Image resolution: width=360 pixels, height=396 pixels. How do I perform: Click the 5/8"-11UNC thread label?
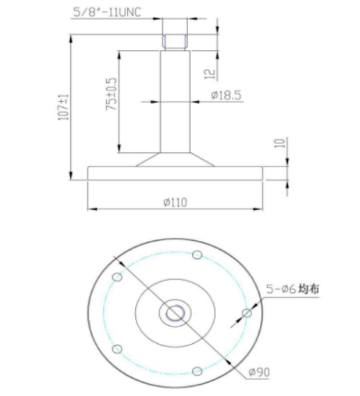(107, 12)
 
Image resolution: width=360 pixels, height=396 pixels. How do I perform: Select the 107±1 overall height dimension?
(63, 107)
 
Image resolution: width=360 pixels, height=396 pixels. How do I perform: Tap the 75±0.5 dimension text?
(111, 94)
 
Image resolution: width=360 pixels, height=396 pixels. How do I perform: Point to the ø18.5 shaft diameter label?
(226, 95)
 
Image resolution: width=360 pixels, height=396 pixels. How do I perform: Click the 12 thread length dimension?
(210, 74)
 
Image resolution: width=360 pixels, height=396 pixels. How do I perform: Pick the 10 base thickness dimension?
(280, 143)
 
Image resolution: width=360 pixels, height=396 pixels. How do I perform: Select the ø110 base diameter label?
(175, 203)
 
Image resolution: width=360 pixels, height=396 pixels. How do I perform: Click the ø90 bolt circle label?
(259, 372)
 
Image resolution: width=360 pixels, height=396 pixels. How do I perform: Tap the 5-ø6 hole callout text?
(281, 289)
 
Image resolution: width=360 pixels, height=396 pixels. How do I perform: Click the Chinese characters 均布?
(308, 289)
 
